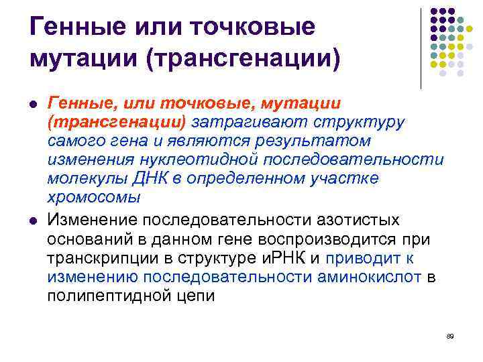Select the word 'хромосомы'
[x=93, y=198]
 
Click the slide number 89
[x=450, y=335]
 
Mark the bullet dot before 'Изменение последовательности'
[x=32, y=221]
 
